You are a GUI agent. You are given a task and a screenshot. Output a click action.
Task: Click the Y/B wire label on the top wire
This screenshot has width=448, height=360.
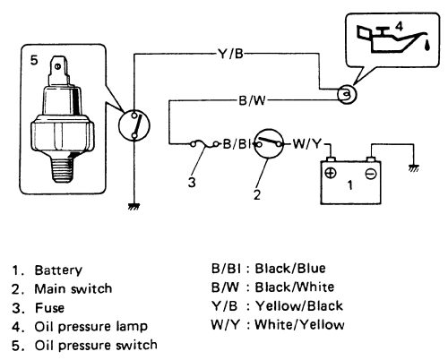[230, 54]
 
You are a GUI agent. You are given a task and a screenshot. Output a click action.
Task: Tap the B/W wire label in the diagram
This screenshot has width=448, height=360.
[252, 100]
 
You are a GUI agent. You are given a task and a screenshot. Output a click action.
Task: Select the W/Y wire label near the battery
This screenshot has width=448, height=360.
[306, 144]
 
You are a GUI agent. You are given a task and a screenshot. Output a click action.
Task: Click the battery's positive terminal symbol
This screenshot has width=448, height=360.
[331, 173]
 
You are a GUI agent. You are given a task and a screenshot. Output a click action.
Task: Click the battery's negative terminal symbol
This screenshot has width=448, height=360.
[371, 174]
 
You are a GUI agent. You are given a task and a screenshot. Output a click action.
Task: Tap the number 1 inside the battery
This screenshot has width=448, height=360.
[350, 185]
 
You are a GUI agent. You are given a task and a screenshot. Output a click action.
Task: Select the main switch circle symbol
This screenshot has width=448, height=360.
[269, 143]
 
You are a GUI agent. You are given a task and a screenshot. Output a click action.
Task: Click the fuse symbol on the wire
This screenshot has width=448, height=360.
[204, 144]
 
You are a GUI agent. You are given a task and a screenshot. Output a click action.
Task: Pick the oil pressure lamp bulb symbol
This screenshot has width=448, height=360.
[347, 94]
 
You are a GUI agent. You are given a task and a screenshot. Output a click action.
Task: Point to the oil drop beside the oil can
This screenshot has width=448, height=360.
[427, 45]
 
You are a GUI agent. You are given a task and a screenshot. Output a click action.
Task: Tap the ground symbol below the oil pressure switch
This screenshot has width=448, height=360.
[134, 207]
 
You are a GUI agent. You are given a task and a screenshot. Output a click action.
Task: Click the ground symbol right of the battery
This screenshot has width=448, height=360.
[414, 168]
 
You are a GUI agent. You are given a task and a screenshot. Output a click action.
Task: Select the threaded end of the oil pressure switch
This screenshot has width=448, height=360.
[63, 169]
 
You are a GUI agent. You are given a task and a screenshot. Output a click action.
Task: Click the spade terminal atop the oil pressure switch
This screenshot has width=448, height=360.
[58, 70]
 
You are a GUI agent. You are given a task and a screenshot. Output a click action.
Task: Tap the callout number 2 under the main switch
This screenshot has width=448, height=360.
[257, 195]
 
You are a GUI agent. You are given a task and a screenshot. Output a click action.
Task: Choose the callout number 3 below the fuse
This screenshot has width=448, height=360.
[192, 182]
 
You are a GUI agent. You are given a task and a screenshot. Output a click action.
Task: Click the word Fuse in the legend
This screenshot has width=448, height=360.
[49, 308]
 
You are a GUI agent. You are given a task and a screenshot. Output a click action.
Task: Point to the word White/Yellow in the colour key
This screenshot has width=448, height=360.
[299, 325]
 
